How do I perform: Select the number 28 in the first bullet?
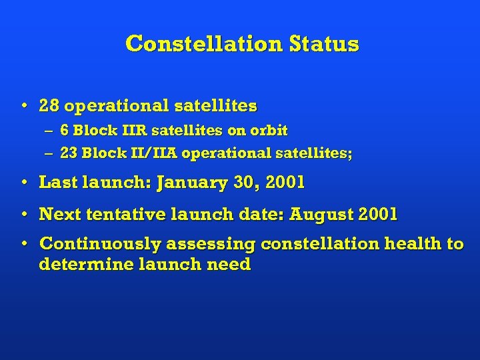pos(49,106)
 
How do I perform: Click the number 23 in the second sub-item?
pos(68,153)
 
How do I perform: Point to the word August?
pos(321,215)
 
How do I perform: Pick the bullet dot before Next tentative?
pos(24,215)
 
